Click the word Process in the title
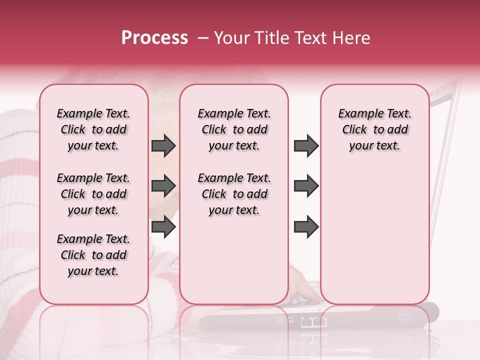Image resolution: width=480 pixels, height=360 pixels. (154, 38)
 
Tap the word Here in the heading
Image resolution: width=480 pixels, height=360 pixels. (351, 38)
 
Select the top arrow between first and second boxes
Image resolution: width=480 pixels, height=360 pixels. (163, 145)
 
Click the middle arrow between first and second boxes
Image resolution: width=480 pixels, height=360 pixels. (163, 186)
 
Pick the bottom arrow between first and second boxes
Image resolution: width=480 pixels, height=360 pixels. (163, 227)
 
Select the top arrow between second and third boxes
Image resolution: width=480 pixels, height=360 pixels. (306, 145)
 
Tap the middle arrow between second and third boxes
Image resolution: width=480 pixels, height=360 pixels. (306, 186)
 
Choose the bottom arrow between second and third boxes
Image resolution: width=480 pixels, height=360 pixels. (306, 227)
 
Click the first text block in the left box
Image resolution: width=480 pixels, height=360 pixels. (93, 129)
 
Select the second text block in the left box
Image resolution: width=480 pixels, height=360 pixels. (93, 194)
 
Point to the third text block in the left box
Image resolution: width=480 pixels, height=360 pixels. (93, 255)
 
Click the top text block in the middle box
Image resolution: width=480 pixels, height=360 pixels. (234, 129)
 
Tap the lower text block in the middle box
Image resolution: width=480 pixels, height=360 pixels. (234, 194)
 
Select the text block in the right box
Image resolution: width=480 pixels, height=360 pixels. (374, 129)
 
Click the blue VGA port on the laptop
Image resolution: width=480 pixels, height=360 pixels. (404, 317)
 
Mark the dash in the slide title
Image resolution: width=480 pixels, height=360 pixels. (202, 38)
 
